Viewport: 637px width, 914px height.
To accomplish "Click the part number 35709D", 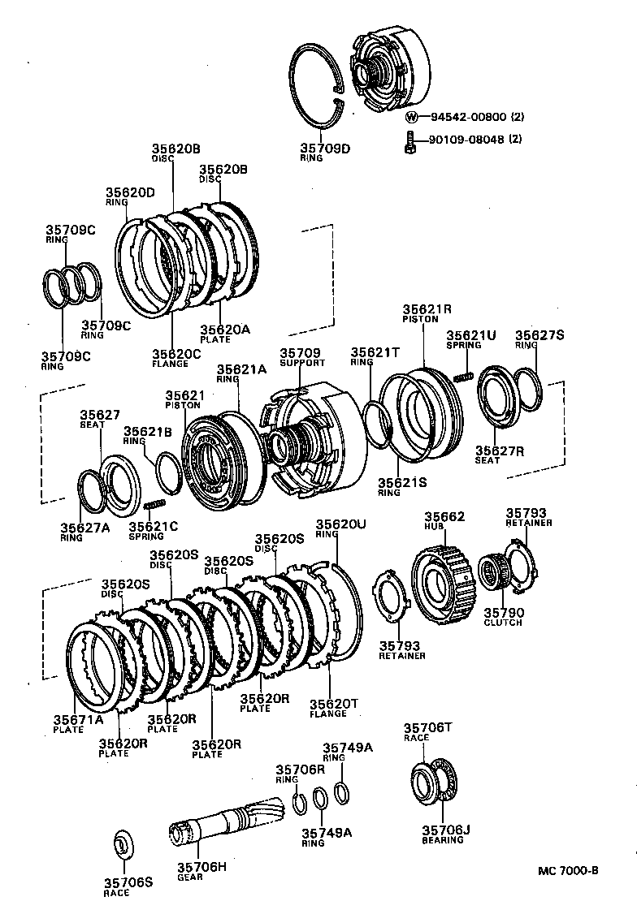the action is point(325,148).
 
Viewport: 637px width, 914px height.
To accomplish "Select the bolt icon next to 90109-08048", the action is point(410,142).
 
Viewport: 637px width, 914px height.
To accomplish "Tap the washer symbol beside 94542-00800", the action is point(411,117).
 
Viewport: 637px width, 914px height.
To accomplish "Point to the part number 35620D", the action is point(130,192).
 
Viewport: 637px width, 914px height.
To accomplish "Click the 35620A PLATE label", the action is point(224,334).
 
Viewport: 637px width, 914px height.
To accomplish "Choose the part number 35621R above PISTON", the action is point(427,309).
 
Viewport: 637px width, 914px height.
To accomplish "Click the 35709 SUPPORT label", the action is point(301,356).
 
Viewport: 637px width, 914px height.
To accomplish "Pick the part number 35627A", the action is point(84,528).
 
